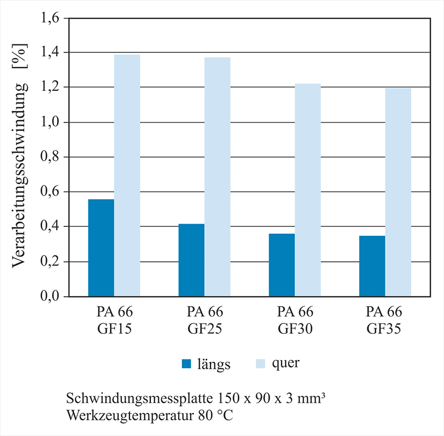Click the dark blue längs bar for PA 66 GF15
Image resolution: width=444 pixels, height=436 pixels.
[101, 247]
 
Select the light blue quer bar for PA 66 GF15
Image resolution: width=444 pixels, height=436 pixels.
[127, 175]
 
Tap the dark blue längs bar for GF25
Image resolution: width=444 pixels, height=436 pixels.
[191, 260]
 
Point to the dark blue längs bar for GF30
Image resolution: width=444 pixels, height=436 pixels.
[281, 265]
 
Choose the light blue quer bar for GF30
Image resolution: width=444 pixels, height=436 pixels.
[307, 190]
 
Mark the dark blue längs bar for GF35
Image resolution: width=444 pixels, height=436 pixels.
[372, 266]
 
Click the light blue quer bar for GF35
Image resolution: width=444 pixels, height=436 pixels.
[398, 192]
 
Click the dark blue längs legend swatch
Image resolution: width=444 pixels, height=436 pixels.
[186, 364]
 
